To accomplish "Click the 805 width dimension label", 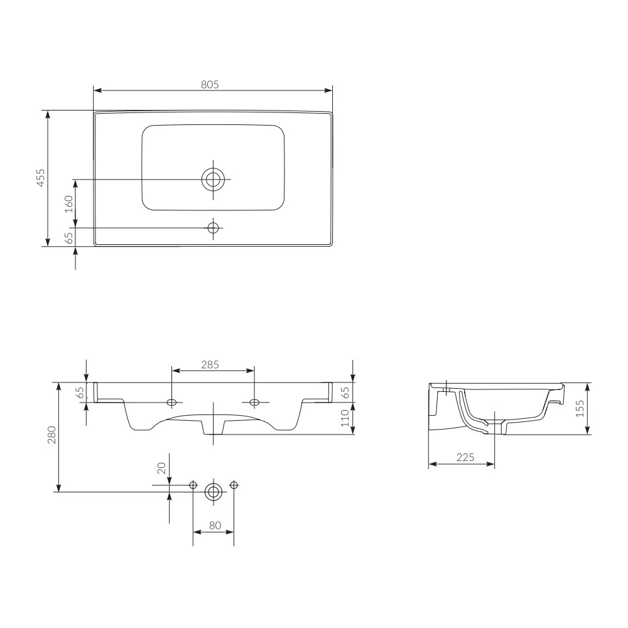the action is point(210,85).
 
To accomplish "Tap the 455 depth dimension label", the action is point(40,178).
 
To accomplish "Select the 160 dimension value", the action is point(69,204).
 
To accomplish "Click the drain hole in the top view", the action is point(213,179).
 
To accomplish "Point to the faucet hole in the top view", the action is point(213,228).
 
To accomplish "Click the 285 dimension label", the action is point(210,364).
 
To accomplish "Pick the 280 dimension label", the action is point(51,435).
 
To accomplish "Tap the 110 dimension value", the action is point(345,418).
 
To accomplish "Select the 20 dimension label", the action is point(161,468).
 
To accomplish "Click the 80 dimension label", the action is point(215,525).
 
